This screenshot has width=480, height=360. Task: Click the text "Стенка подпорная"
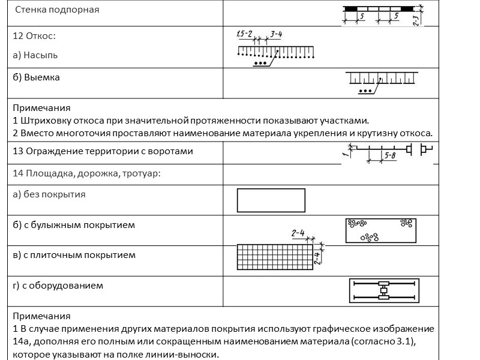coord(57,10)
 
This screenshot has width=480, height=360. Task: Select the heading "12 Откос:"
coord(34,36)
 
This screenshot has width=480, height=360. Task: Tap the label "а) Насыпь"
coord(35,55)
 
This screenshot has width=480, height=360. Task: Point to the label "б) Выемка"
coord(36,77)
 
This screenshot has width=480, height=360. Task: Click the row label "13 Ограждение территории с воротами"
coord(103,151)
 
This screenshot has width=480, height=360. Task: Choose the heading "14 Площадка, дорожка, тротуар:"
coord(88,174)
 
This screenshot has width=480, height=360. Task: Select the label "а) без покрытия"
coord(49,194)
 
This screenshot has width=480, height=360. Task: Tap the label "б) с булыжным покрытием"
coord(73,225)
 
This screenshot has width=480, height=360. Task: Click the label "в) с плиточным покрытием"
coord(74,255)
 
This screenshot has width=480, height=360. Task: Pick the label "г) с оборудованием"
coord(58,285)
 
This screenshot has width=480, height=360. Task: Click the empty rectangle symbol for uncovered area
coord(271,200)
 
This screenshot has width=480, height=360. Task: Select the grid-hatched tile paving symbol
coord(275,257)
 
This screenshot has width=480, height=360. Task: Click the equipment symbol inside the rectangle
coord(384,290)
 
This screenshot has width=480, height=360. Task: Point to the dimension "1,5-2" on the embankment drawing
coord(244,32)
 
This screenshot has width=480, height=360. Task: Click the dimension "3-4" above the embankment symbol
coord(277,34)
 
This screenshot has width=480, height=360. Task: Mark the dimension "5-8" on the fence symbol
coord(389,156)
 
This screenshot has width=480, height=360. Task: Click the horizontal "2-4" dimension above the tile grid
coord(298,232)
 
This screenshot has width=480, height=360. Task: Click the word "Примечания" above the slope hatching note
coord(41,108)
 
